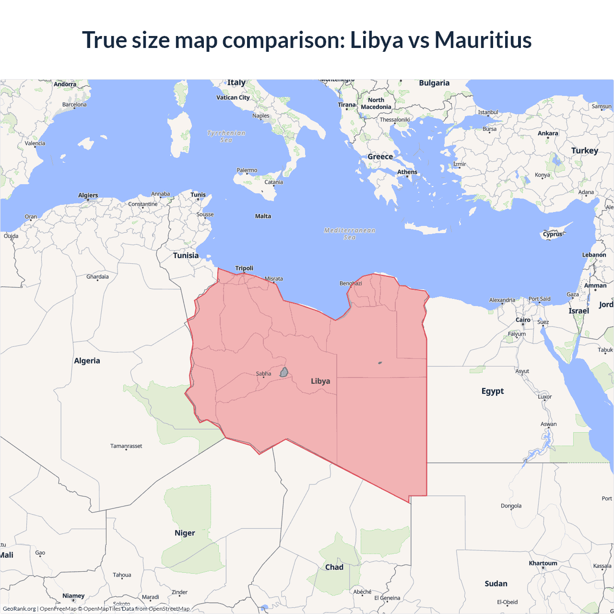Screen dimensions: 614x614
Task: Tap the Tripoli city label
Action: tap(244, 268)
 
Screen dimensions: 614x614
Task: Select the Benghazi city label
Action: tap(351, 283)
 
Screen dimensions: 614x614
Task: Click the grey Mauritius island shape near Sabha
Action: tap(284, 372)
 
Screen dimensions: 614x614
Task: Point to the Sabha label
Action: tap(263, 374)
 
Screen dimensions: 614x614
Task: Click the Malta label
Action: tap(263, 216)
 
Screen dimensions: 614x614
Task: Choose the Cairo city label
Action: tap(523, 320)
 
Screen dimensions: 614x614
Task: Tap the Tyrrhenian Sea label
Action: tap(226, 136)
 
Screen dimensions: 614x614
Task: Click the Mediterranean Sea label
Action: tap(350, 234)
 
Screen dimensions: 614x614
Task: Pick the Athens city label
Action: tap(407, 172)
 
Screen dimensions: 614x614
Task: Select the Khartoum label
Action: tap(543, 563)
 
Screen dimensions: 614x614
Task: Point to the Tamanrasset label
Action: tap(126, 446)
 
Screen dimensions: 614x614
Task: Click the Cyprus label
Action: tap(553, 235)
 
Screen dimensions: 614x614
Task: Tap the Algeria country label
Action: tap(87, 361)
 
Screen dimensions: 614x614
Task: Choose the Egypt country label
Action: tap(493, 391)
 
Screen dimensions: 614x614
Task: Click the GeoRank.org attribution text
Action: tap(19, 609)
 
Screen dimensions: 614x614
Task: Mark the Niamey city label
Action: tap(73, 596)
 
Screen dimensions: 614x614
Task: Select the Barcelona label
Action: tap(74, 105)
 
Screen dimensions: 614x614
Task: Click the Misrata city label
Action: tap(274, 279)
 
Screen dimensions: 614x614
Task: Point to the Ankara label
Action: tap(548, 133)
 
